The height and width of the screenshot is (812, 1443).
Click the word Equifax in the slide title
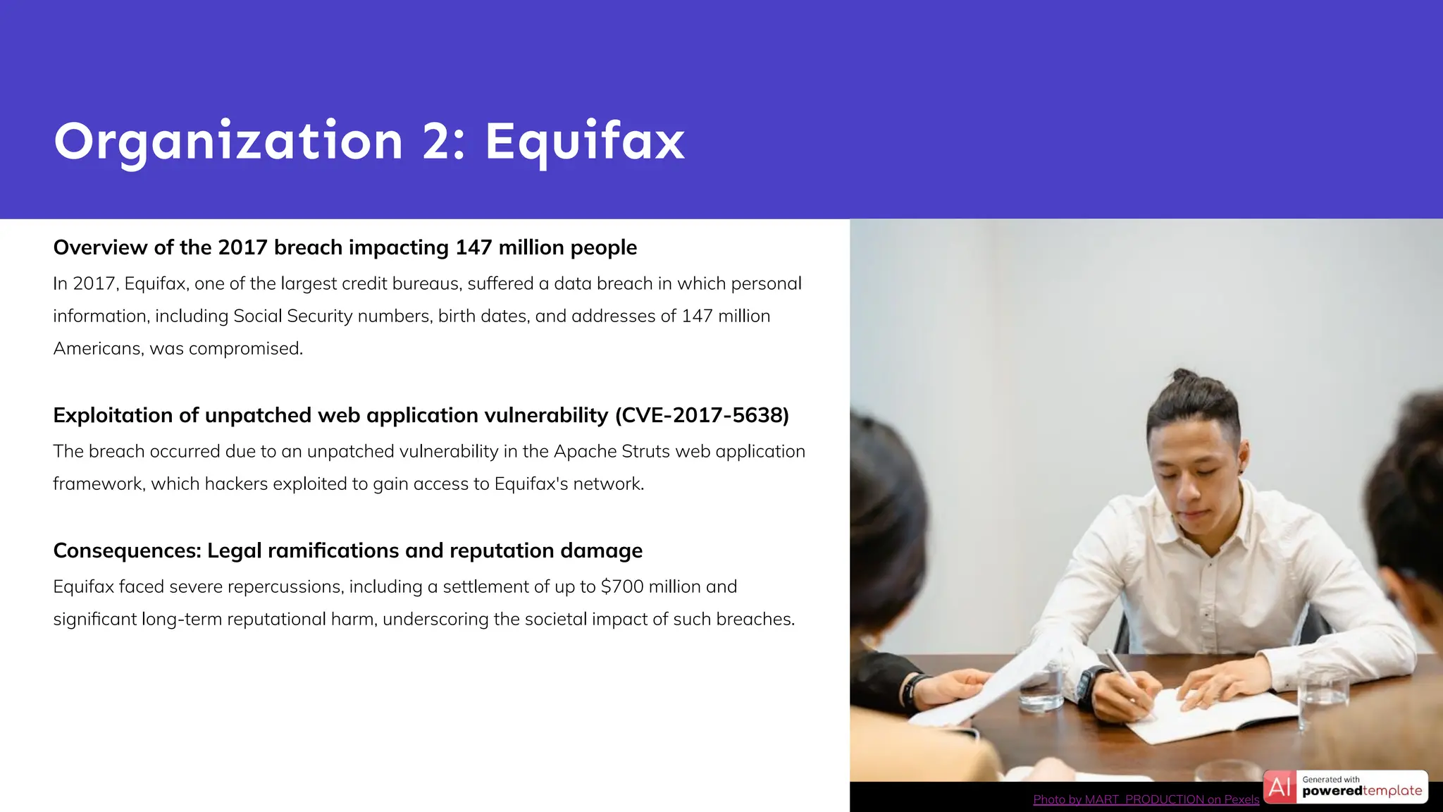[584, 141]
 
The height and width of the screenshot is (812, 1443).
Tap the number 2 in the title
[438, 141]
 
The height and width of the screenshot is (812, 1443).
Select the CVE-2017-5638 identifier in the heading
[702, 415]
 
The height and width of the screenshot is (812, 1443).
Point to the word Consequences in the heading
[127, 550]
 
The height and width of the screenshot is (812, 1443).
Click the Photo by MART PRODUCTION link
[1146, 799]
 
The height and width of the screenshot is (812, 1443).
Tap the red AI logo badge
[1280, 787]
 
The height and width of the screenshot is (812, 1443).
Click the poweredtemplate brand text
[1362, 791]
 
